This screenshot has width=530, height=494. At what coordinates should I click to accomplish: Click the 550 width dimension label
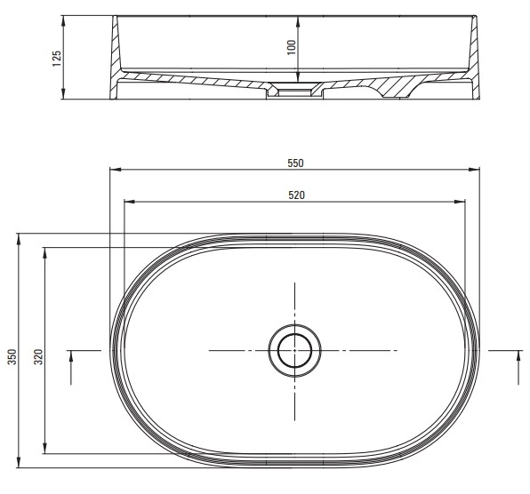pos(295,163)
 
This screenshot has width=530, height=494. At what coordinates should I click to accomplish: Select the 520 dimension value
pos(296,195)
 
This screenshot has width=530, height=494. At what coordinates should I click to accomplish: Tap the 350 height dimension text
pos(12,357)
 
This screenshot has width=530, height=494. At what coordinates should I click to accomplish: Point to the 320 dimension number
pos(39,357)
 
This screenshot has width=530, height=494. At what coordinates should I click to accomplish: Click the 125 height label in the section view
pos(57,59)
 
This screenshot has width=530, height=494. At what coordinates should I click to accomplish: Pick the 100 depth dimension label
pos(291,48)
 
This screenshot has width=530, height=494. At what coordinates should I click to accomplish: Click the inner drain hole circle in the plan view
pos(294,350)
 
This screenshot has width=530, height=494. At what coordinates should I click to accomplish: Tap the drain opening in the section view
pos(294,92)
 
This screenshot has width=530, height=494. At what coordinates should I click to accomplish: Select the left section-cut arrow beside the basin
pos(71,367)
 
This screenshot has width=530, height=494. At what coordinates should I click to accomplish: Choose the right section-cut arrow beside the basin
pos(518,367)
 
